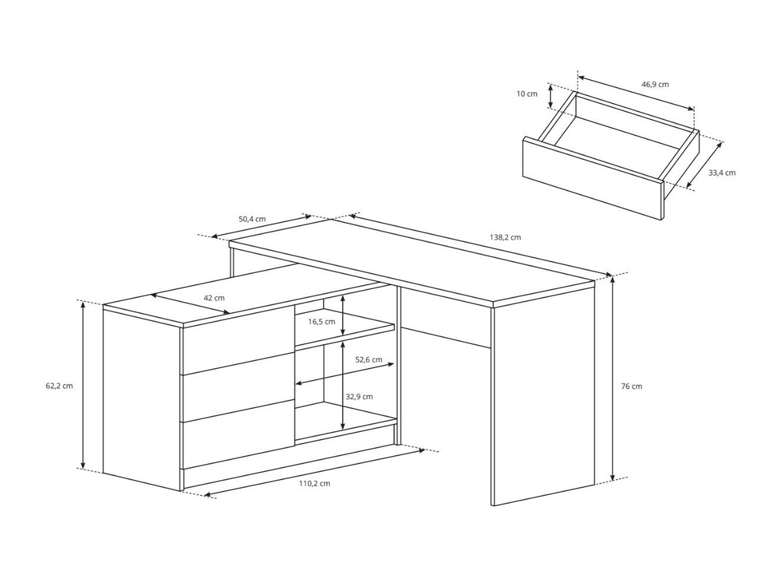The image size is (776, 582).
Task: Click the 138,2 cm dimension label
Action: click(x=505, y=238)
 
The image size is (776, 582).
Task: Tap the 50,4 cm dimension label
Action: click(x=252, y=219)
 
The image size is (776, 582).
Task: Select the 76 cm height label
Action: click(x=631, y=386)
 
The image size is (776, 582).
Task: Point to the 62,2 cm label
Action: click(x=59, y=386)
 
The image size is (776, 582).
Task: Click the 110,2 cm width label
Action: click(x=314, y=484)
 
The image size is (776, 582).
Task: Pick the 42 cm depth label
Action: click(x=214, y=298)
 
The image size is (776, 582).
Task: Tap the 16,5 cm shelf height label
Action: click(x=321, y=322)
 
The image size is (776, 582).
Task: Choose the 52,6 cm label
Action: click(x=369, y=360)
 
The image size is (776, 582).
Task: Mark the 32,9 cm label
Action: click(x=359, y=396)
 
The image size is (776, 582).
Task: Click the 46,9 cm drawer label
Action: click(x=655, y=84)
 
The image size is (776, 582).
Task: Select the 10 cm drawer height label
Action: click(x=527, y=94)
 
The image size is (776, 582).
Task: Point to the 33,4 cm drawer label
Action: click(x=722, y=173)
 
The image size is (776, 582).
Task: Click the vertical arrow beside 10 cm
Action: click(x=551, y=96)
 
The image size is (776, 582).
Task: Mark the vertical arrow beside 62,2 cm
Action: click(x=83, y=385)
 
